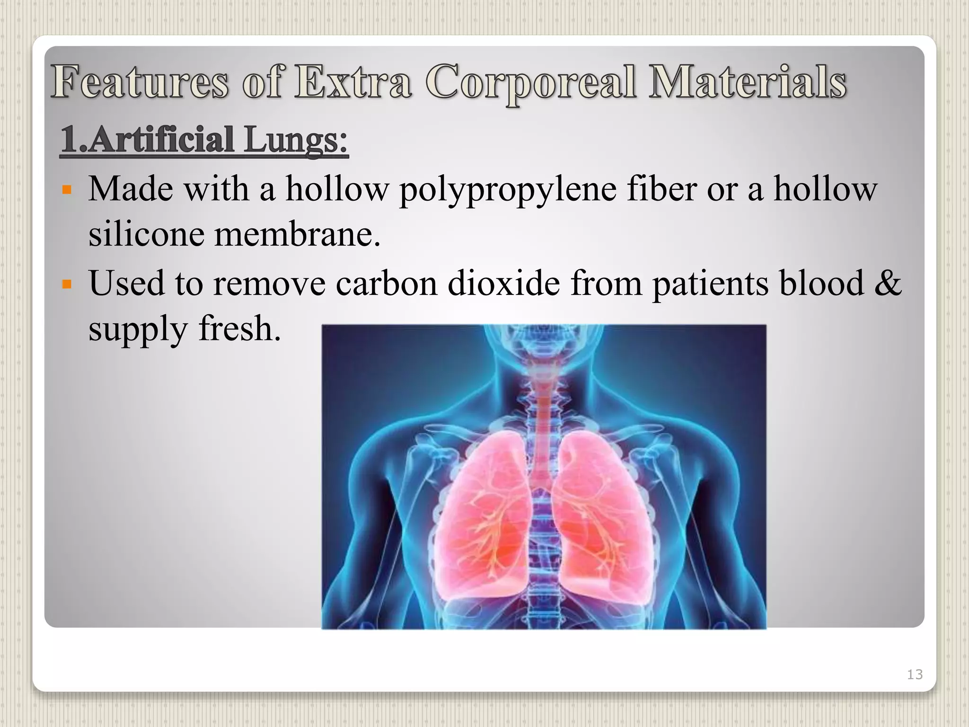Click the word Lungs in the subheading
296,140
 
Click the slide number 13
915,674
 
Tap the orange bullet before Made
67,191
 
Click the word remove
269,283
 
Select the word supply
138,330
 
